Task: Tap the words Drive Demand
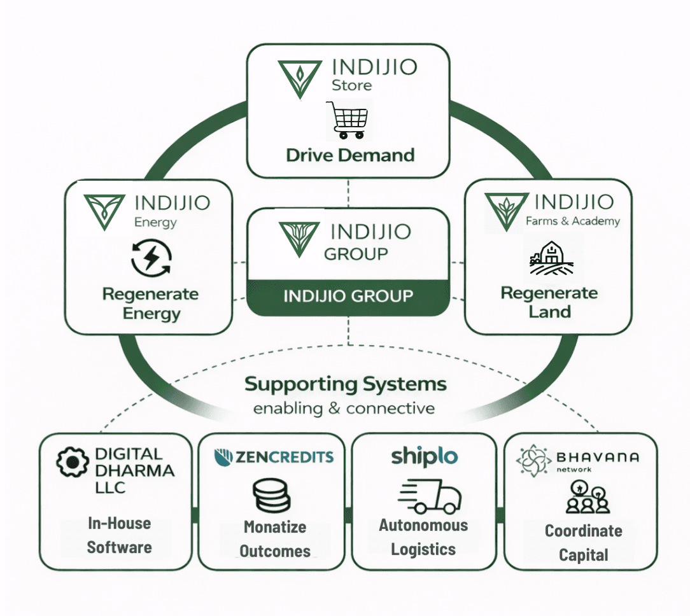tap(350, 155)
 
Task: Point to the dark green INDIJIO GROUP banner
tap(348, 297)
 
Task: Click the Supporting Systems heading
tap(346, 384)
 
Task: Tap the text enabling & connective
tap(344, 408)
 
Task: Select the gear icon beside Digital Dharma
tap(72, 463)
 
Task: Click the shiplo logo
tap(424, 456)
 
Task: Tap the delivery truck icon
tap(428, 497)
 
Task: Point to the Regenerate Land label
tap(549, 302)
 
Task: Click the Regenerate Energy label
tap(151, 304)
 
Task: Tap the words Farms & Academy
tap(572, 221)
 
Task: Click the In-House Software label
tap(119, 535)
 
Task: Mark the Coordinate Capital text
tap(583, 543)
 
